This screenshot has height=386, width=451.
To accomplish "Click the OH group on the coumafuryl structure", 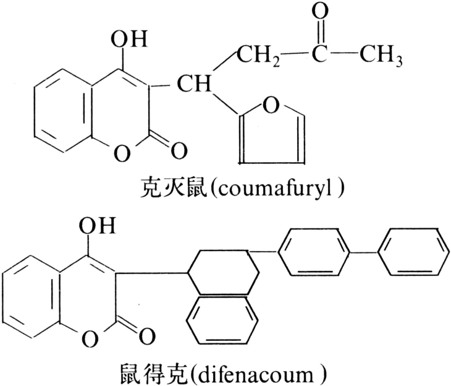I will (128, 41).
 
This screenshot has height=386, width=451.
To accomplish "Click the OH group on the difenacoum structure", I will (100, 224).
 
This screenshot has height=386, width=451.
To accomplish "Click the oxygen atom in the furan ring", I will (270, 105).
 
